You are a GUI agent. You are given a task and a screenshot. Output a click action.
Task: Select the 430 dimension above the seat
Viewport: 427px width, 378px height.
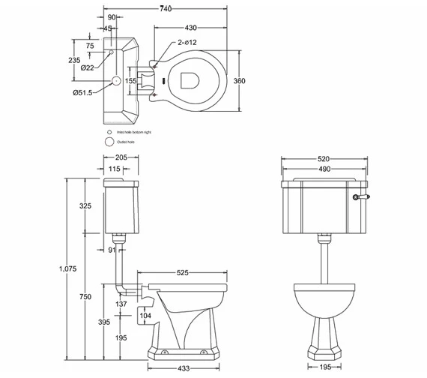pos(190,27)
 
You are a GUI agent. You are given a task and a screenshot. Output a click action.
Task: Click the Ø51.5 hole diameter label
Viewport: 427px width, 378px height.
pos(82,92)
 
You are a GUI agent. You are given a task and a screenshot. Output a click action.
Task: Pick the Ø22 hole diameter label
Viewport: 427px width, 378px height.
pos(87,67)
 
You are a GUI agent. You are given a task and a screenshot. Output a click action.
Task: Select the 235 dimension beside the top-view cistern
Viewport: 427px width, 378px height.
pos(75,60)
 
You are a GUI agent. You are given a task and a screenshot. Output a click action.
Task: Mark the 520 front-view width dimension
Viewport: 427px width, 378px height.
pos(323,160)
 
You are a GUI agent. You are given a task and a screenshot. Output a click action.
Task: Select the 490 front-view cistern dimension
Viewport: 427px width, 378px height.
pos(323,170)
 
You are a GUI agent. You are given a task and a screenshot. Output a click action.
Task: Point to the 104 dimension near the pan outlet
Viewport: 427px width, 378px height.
pos(147,316)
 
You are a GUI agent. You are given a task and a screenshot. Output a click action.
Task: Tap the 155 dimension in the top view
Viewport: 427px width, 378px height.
pos(130,80)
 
